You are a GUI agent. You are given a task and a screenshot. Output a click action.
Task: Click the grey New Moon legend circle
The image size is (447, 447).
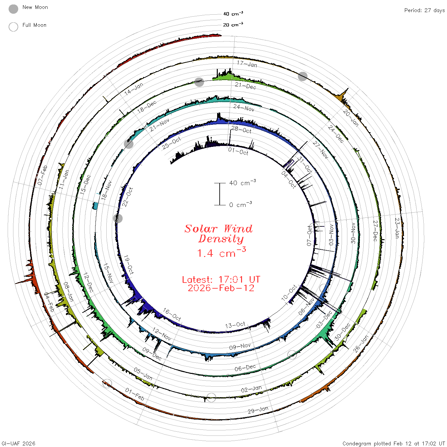pos(13,9)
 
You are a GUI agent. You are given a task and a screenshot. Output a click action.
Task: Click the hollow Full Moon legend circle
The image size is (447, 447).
pos(13,27)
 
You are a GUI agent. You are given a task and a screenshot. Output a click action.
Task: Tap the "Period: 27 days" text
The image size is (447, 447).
pos(424,11)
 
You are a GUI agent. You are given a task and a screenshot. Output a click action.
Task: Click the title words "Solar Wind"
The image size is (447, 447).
pos(218,229)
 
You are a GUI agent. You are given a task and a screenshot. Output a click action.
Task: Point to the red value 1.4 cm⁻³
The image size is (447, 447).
pos(221,252)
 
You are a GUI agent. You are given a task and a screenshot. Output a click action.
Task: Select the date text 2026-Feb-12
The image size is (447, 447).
pos(221,288)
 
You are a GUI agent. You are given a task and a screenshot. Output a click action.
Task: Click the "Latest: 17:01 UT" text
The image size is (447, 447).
pos(221,279)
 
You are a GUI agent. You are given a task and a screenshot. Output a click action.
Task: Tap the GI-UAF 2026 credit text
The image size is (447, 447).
pos(18,443)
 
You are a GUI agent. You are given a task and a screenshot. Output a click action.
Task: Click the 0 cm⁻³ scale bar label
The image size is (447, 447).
pos(240,204)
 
